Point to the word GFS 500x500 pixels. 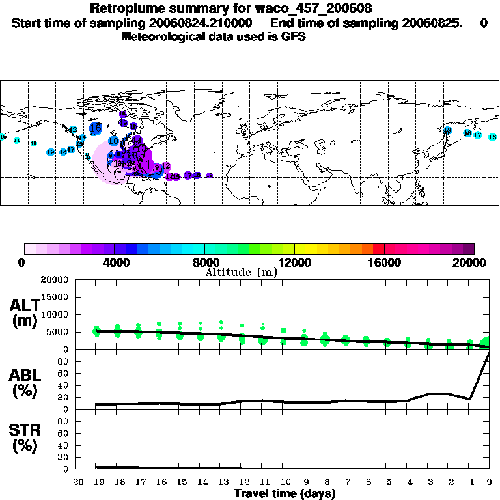pos(294,36)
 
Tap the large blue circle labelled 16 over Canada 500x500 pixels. pos(96,128)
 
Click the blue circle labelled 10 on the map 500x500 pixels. pos(113,141)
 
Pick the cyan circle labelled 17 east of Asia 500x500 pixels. pos(477,135)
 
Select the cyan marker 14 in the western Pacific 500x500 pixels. pos(17,141)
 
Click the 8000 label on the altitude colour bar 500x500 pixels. pos(204,262)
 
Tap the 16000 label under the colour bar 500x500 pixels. pos(385,262)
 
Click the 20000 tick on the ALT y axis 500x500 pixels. pos(55,280)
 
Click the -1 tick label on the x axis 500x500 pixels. pos(469,482)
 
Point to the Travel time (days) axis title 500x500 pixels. pos(285,493)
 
